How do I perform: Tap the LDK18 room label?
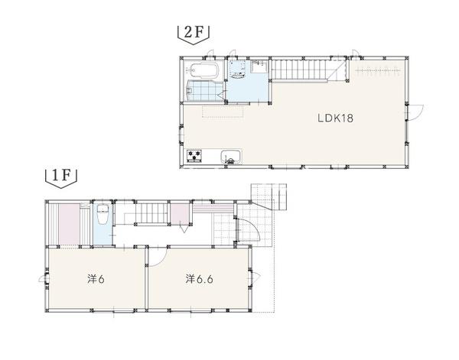tap(336, 118)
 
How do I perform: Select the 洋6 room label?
tap(96, 279)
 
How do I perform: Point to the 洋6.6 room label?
tap(199, 279)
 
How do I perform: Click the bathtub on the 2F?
tap(202, 70)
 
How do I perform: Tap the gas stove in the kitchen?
tap(194, 155)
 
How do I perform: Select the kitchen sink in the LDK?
tap(231, 157)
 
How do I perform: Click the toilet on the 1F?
tap(103, 214)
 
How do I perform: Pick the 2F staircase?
tap(299, 70)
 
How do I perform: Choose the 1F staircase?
tap(151, 213)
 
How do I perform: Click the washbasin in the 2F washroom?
tap(238, 71)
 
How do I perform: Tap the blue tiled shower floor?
tap(205, 91)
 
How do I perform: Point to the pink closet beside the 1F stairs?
tap(180, 213)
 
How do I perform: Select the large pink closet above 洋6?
tap(70, 224)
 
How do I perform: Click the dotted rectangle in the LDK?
tap(223, 112)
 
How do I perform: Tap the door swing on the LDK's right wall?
tap(415, 112)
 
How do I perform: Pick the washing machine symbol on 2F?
tap(261, 66)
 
